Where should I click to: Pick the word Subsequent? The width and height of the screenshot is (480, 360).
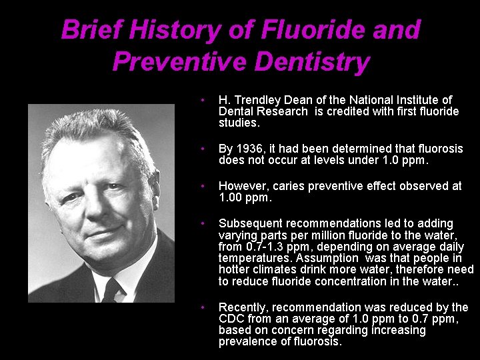[249, 223]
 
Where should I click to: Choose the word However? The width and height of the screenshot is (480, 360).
[243, 186]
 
